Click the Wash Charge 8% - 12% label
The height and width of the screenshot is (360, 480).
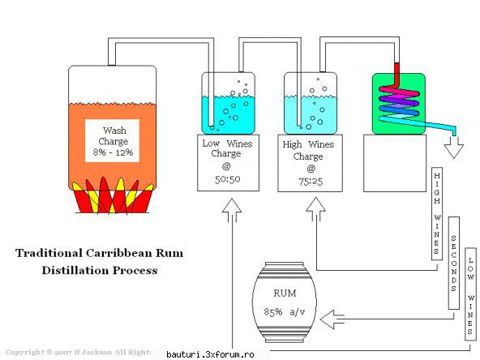point(113,141)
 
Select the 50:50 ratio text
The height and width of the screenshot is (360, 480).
point(228,179)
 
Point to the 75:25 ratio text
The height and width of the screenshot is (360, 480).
point(311,182)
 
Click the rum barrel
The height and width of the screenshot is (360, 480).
point(285,302)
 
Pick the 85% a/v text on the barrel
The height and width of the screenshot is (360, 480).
point(285,312)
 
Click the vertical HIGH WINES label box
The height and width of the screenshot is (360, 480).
point(437,214)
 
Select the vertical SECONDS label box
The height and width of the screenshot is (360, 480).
point(454,264)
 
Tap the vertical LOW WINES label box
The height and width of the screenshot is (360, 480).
point(470,294)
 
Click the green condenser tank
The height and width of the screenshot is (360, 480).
point(399,104)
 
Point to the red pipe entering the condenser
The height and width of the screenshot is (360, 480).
point(396,75)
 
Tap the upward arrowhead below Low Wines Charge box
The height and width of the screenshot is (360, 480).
point(232,206)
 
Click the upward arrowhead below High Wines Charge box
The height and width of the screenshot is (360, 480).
point(315,205)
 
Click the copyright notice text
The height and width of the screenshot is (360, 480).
point(79,352)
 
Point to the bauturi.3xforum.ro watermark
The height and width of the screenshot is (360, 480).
point(210,355)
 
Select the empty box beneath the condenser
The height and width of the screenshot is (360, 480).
point(395,163)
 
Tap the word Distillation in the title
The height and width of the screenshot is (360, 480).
point(75,270)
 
